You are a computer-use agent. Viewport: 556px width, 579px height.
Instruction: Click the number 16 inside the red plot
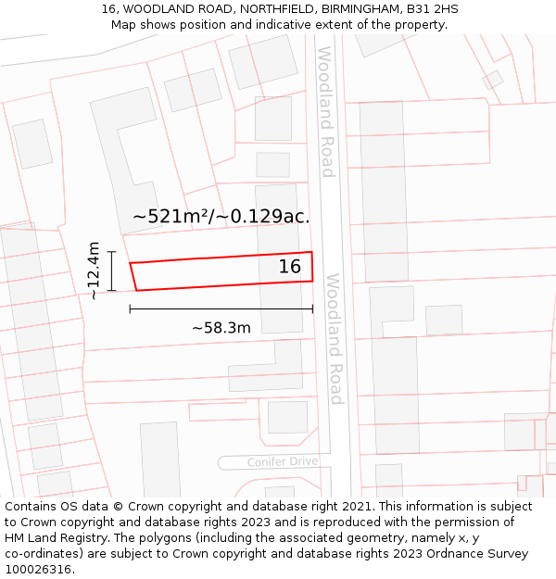pyautogui.click(x=290, y=267)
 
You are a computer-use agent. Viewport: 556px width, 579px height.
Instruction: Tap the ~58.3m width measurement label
pyautogui.click(x=221, y=328)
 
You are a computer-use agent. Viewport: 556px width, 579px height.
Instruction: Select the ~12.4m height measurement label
pyautogui.click(x=93, y=271)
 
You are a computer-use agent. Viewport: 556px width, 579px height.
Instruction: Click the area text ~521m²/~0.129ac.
pyautogui.click(x=221, y=217)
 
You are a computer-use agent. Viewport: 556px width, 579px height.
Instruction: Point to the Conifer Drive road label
pyautogui.click(x=283, y=461)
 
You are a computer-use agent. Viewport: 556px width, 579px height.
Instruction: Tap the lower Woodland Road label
pyautogui.click(x=335, y=339)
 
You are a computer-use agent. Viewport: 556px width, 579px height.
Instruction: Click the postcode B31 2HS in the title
pyautogui.click(x=433, y=9)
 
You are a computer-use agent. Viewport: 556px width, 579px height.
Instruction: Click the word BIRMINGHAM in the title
pyautogui.click(x=360, y=9)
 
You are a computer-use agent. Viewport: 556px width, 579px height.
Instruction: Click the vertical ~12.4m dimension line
pyautogui.click(x=111, y=271)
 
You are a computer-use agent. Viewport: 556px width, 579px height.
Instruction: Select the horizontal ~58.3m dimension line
pyautogui.click(x=221, y=308)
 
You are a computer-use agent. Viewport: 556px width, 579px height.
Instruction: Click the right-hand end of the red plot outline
pyautogui.click(x=312, y=266)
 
